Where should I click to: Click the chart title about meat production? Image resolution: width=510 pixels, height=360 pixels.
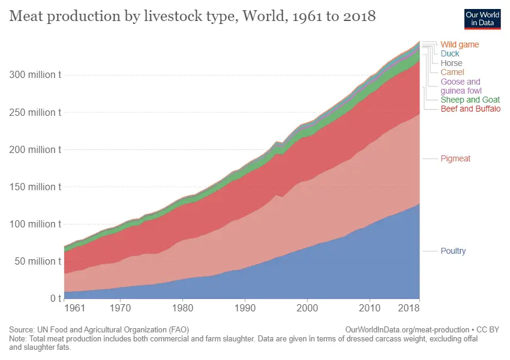pos(192,16)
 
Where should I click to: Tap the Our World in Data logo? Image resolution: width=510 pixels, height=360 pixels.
pos(482,19)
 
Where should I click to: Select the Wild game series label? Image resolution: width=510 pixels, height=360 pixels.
pos(460,44)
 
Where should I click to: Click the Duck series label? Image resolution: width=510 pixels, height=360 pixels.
pos(450,53)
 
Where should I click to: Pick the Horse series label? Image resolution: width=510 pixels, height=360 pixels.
pos(451,63)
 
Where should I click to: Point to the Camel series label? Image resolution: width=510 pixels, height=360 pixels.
pos(452,72)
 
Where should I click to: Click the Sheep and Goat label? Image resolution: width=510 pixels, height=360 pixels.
pos(470,100)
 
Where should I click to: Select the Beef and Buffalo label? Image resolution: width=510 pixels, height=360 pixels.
pos(470,109)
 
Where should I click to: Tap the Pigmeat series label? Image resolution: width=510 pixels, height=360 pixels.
pos(455,158)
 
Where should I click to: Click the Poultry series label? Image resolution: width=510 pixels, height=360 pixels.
pos(453,251)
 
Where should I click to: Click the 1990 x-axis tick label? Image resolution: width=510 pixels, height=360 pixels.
pos(245,309)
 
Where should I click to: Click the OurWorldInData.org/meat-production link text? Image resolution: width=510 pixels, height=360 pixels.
pos(407,329)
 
